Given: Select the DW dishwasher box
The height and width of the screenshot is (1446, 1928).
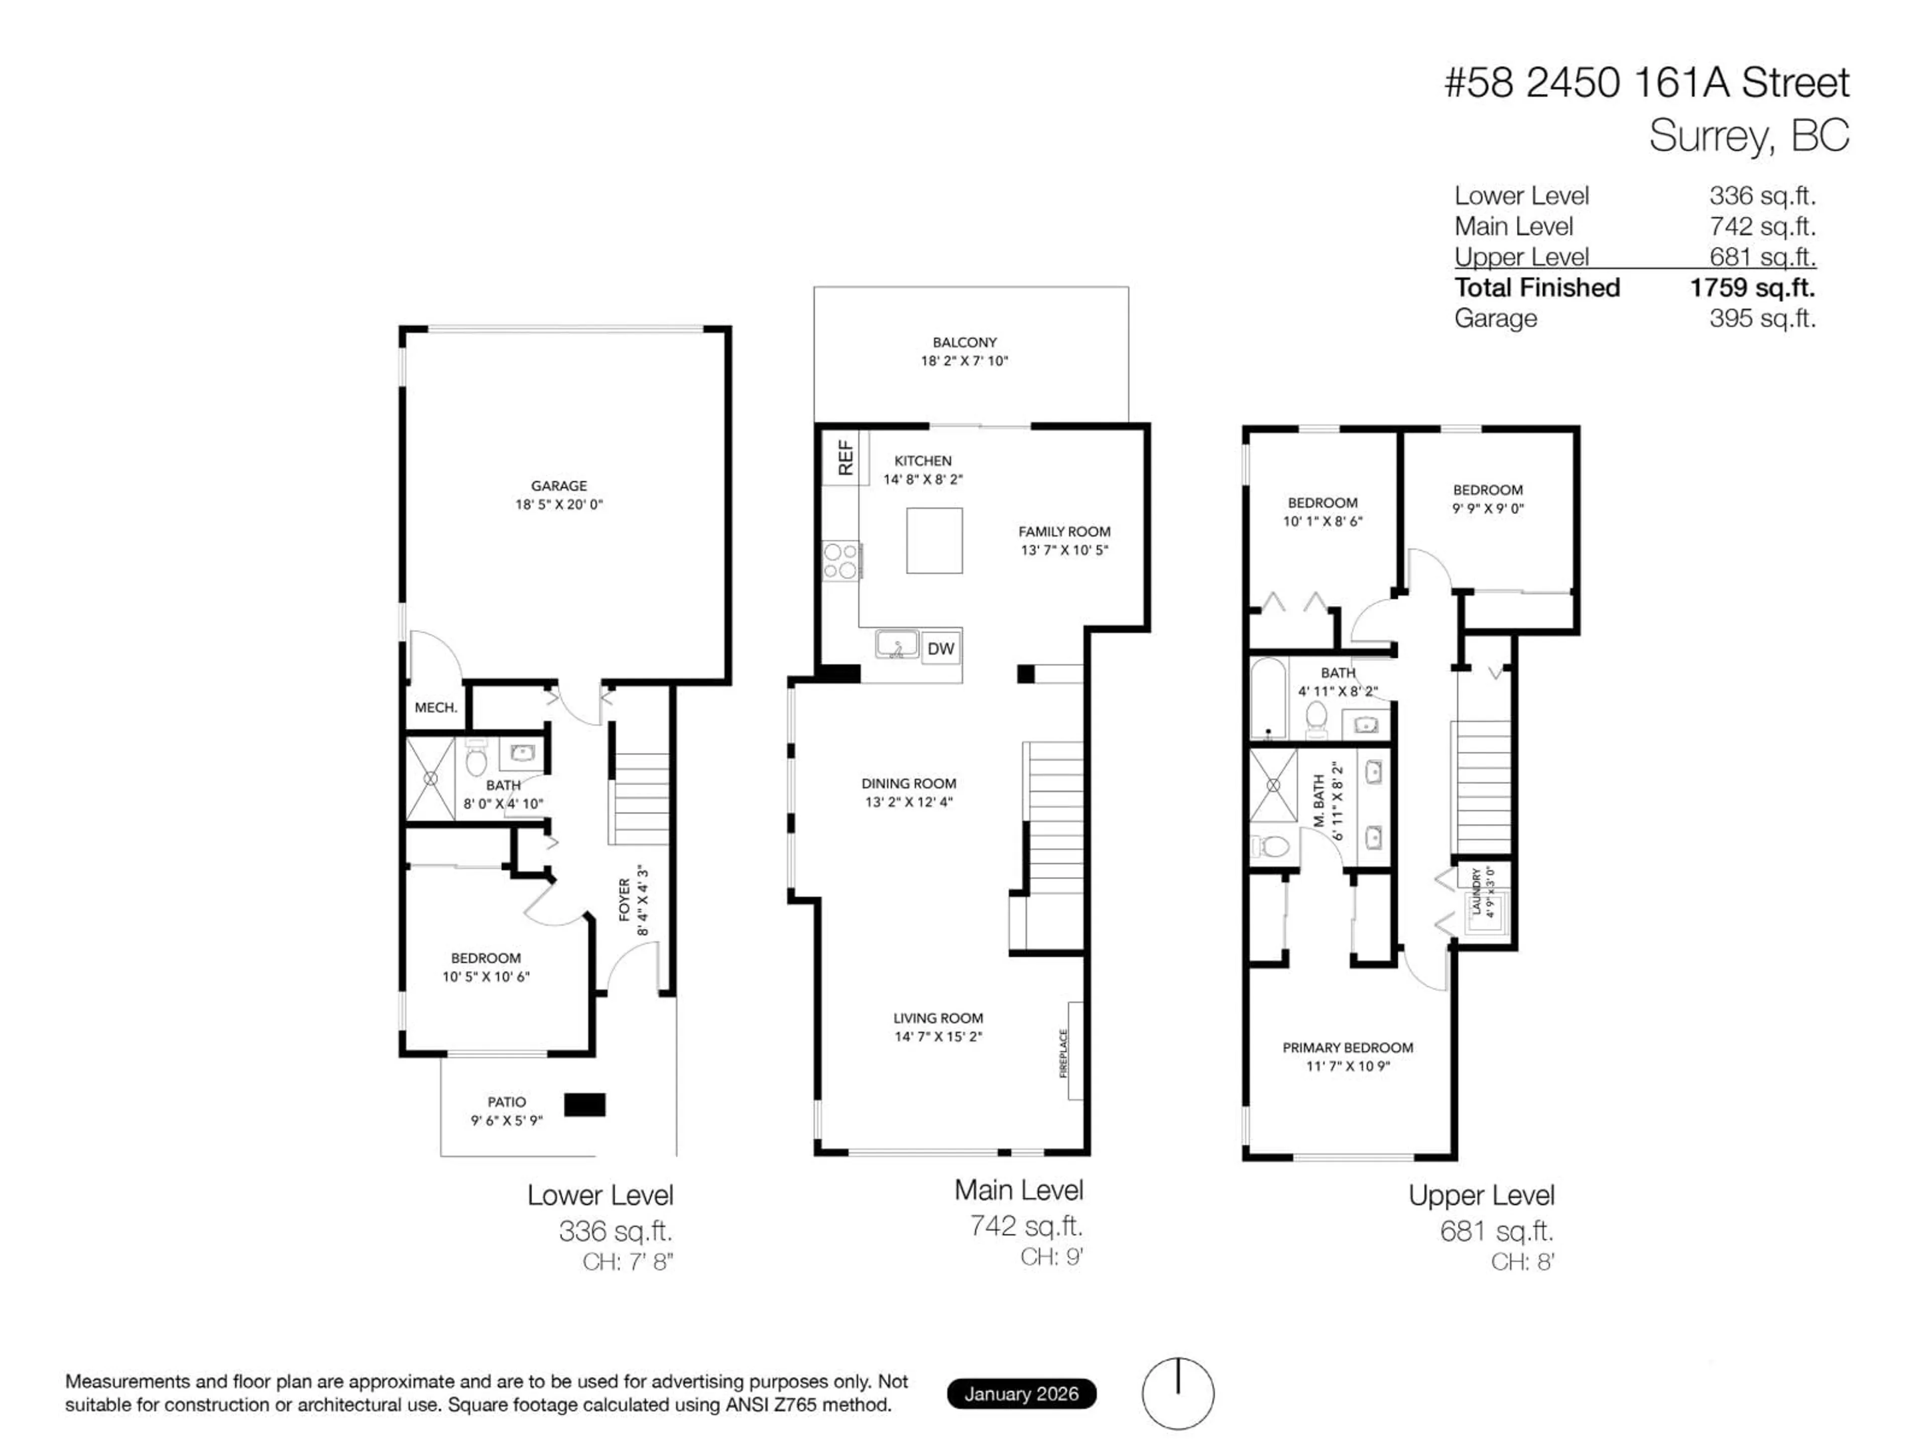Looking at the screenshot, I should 940,649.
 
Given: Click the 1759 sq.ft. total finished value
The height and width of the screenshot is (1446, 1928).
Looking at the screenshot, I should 1752,288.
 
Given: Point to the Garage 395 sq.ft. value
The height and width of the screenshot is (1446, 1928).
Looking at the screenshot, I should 1761,318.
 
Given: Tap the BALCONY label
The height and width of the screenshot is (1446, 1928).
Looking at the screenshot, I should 964,342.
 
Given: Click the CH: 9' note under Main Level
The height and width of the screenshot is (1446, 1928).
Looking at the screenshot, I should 1051,1256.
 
